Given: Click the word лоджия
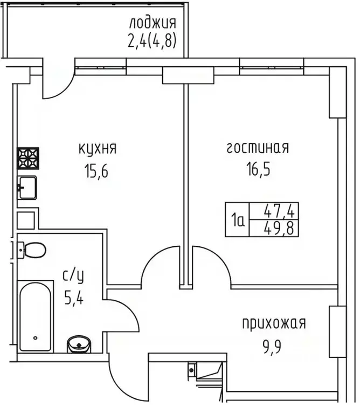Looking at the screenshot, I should [153, 24].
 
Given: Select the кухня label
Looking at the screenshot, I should [98, 148].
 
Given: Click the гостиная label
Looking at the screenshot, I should [257, 148].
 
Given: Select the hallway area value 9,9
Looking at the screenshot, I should [273, 346].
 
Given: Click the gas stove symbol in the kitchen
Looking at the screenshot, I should [27, 159].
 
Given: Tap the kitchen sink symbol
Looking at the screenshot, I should [26, 188].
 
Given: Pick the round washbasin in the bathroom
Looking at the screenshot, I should [80, 343].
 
